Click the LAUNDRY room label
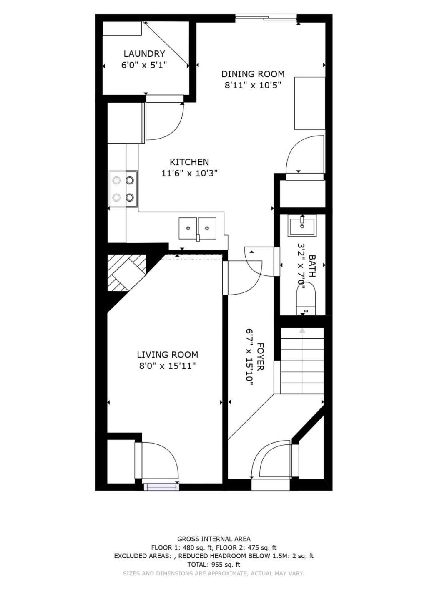144,54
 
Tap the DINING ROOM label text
253,74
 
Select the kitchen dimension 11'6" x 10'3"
189,173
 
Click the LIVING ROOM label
167,355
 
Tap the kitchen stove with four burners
123,189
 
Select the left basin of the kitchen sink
188,228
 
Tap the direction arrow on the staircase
302,330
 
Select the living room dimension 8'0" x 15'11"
167,366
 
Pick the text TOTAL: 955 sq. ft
214,564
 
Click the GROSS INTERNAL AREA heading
214,539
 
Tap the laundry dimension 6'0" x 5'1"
144,65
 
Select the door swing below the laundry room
165,121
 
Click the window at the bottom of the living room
160,486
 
